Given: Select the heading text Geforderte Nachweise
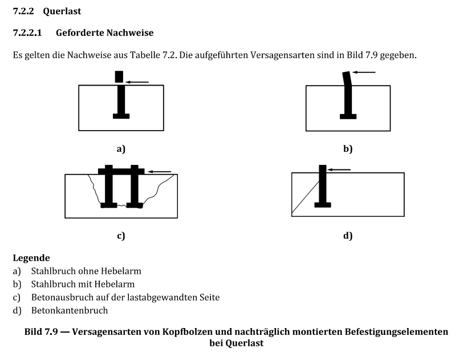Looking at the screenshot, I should [x=104, y=33].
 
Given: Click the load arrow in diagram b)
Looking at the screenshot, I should [x=364, y=72].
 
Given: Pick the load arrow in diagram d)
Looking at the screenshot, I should [x=339, y=169].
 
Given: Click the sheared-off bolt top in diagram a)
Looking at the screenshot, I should [x=119, y=76].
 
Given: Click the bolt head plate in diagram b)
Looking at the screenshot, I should [x=348, y=116].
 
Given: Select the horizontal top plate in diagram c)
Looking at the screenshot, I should [x=121, y=171].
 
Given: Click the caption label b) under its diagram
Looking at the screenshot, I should [x=348, y=149].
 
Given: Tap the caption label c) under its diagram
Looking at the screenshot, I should [x=120, y=234].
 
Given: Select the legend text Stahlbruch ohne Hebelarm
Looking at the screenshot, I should [x=86, y=271].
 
